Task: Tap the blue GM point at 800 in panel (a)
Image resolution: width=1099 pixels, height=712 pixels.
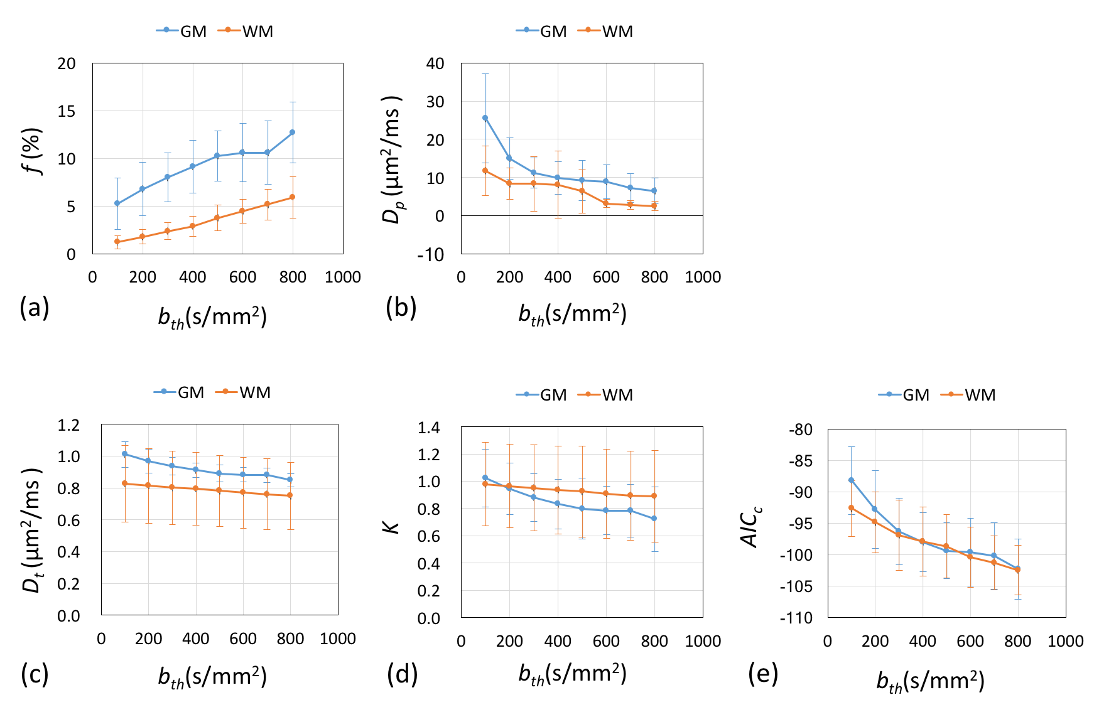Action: tap(293, 132)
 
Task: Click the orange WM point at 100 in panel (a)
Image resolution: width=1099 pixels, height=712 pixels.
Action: tap(117, 242)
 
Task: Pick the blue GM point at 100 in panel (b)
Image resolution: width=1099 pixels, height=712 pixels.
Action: tap(485, 118)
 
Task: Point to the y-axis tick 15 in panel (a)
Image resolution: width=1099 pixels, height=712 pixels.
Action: tap(67, 111)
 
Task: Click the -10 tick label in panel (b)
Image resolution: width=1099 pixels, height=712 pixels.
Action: tap(431, 254)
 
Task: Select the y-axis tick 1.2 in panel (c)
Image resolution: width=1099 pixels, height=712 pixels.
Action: tap(68, 425)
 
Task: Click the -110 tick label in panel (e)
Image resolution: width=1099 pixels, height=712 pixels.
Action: tap(796, 618)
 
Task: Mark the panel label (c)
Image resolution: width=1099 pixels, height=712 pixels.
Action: tap(35, 674)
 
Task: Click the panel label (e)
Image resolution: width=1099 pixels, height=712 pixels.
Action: tap(763, 674)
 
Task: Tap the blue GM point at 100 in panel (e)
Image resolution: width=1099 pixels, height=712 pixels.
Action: tap(852, 480)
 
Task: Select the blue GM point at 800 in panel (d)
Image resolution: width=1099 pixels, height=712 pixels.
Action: tap(654, 519)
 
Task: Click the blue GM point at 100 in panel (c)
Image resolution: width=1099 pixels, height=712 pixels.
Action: tap(125, 453)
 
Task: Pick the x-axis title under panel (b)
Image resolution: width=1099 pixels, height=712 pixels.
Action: tap(572, 314)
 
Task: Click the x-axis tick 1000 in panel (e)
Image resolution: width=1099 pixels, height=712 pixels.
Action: tap(1066, 641)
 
